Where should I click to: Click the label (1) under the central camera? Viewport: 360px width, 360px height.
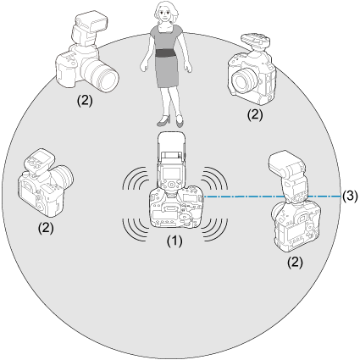click(x=174, y=241)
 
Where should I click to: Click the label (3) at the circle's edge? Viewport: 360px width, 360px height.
click(x=350, y=196)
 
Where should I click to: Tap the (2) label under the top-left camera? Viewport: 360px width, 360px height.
click(x=85, y=101)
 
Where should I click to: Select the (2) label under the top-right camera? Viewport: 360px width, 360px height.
click(x=255, y=115)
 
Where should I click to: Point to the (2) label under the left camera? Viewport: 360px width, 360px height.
click(x=46, y=228)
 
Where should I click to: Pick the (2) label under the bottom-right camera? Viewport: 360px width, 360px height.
click(x=295, y=263)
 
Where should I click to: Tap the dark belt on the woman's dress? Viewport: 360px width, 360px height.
click(x=166, y=53)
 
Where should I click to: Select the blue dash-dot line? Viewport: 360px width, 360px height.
click(x=272, y=197)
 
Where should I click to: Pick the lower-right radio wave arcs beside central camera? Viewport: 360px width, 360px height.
click(x=215, y=230)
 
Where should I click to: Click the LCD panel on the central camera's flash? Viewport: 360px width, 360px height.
click(x=172, y=173)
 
